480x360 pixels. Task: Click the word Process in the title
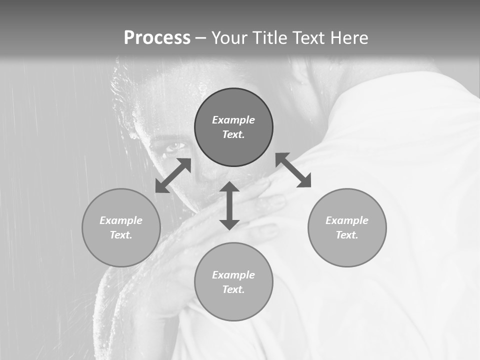[157, 38]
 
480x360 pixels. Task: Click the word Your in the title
[229, 38]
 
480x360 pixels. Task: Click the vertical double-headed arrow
[229, 205]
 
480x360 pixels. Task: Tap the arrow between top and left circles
[173, 175]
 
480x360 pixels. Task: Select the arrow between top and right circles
[293, 170]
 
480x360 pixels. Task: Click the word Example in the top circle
[233, 120]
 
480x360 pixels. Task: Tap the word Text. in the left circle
[121, 235]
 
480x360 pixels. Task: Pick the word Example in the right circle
[347, 220]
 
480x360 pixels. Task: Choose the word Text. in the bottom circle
[233, 289]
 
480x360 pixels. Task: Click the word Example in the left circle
[121, 220]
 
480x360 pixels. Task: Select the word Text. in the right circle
[347, 235]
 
